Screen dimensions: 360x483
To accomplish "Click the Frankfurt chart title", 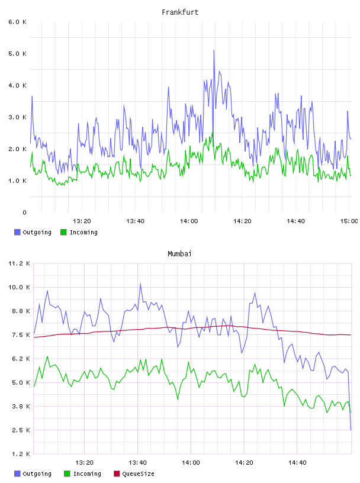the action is pos(180,12).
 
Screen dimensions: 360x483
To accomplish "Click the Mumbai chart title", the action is pos(179,254).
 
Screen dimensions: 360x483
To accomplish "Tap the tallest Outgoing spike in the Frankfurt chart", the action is pos(214,50).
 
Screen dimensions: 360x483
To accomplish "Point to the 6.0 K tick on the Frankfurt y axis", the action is pos(18,22).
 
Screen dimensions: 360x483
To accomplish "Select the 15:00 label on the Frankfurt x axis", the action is pos(349,221).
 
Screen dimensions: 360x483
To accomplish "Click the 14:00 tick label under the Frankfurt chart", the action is pos(189,221).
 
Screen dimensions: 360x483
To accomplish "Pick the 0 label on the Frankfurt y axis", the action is pos(25,212).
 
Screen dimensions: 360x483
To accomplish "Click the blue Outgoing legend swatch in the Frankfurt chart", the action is pos(17,232).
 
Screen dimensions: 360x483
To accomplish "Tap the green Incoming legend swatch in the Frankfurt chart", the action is pos(63,232).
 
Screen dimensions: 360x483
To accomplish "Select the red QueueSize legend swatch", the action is pos(117,474).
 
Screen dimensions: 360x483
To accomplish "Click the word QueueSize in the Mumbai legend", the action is pos(138,474).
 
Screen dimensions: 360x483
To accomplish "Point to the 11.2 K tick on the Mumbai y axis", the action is pos(19,263).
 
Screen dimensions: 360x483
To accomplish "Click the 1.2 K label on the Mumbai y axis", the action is pos(21,454).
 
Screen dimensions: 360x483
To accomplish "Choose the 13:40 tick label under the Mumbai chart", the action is pos(137,463).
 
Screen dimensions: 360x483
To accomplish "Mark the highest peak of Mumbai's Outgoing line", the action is pos(140,284).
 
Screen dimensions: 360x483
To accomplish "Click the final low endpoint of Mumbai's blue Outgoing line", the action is pos(351,430).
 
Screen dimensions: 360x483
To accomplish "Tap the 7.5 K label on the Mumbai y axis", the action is pos(21,335).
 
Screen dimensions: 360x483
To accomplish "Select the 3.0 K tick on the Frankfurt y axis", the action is pos(18,117).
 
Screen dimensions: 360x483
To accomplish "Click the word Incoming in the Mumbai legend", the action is pos(87,474).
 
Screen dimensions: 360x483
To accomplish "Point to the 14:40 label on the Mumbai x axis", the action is pos(297,463).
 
